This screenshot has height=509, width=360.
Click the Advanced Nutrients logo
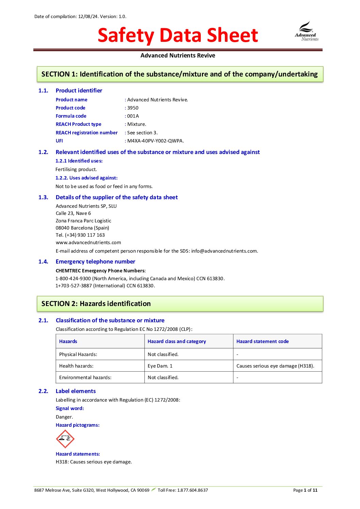point(307,32)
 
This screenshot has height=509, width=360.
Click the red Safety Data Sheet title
point(178,35)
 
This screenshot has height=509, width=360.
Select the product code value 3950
point(133,108)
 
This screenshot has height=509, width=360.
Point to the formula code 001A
point(133,116)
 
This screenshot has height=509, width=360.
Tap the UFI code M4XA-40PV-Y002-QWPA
point(156,141)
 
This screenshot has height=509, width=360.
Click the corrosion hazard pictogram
point(65,439)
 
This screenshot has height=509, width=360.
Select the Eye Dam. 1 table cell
point(160,366)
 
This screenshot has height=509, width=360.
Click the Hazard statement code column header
point(262,341)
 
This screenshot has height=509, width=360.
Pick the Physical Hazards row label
point(78,354)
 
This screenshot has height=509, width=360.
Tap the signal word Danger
point(64,417)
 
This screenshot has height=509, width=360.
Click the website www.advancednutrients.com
point(88,242)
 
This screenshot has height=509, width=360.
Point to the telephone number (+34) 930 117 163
point(85,235)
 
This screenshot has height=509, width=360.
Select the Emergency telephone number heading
point(95,261)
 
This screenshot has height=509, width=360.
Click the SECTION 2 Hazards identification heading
point(96,304)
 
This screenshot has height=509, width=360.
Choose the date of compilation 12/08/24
point(88,16)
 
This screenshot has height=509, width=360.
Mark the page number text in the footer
point(305,490)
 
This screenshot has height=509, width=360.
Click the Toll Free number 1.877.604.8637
point(192,490)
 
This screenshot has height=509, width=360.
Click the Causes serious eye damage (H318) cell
point(275,366)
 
